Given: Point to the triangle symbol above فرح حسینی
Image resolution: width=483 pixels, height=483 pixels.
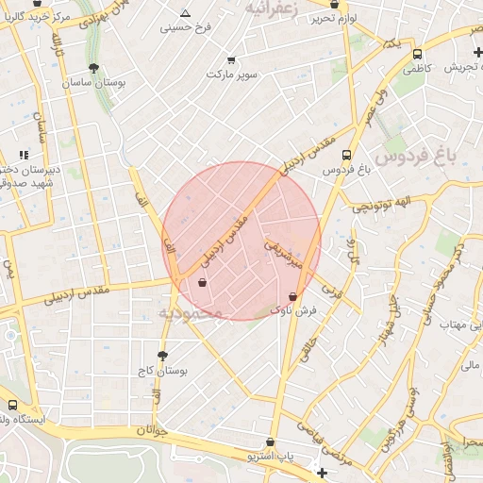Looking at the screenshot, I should point(185,13).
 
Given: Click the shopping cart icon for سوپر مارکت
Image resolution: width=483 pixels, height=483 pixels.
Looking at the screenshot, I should point(218,58).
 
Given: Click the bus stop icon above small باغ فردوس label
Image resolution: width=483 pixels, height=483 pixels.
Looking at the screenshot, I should point(347,156).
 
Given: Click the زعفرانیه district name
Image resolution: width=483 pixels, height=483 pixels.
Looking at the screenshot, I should point(276,8).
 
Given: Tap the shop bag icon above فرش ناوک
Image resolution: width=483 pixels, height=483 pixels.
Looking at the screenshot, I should point(292,296).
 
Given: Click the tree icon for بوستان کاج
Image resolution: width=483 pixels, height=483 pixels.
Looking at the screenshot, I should point(162,357).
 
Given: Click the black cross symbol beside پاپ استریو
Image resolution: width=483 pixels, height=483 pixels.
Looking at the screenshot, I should point(323,472).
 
